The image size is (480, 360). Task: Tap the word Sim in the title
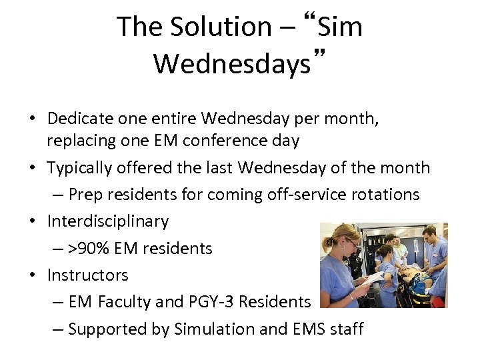340,27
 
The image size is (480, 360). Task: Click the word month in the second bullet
407,167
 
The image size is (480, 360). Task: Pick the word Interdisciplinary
108,221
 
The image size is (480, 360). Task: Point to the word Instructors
87,275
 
